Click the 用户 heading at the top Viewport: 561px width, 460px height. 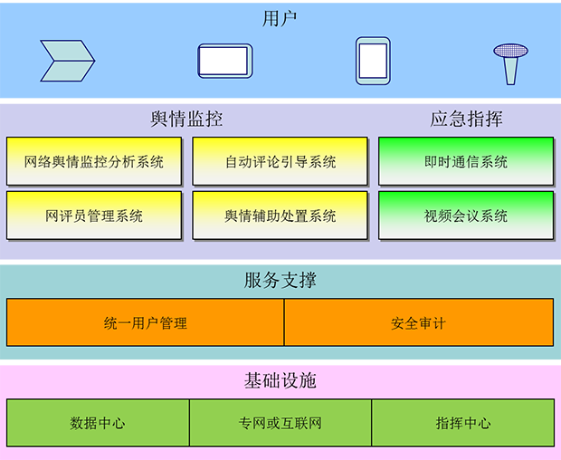(x=280, y=17)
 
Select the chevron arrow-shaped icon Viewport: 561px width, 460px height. (x=68, y=61)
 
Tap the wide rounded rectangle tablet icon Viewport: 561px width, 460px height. (x=224, y=61)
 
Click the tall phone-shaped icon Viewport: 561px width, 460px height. (x=373, y=61)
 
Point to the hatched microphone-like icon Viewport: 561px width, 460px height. (x=510, y=62)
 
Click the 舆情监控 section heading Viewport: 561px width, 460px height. (x=186, y=119)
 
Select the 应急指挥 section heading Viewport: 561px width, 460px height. (x=466, y=119)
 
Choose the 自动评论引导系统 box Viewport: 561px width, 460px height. (x=280, y=162)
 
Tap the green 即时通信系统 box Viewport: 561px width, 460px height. (x=466, y=162)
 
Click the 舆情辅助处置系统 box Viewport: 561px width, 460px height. (x=280, y=216)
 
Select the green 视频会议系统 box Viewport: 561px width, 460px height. (x=466, y=216)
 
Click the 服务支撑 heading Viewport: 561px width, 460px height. (x=280, y=280)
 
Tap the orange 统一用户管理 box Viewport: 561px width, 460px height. (x=146, y=322)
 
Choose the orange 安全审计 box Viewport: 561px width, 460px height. (x=418, y=322)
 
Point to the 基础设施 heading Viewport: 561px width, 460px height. (x=280, y=380)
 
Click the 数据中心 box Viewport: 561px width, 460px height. (x=98, y=423)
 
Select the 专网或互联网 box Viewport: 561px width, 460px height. (x=280, y=423)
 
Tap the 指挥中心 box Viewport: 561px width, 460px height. (x=462, y=423)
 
